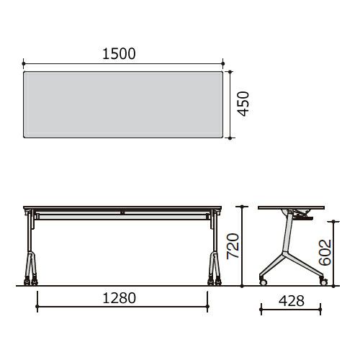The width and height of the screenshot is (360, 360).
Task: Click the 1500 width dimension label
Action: click(119, 54)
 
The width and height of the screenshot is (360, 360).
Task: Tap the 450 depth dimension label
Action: click(243, 104)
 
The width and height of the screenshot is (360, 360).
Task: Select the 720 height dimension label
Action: click(233, 246)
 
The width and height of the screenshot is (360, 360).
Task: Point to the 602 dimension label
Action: click(325, 252)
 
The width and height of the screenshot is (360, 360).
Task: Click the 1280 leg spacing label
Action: click(120, 298)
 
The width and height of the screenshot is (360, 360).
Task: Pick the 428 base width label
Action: click(292, 301)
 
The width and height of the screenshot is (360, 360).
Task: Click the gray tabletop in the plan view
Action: click(123, 104)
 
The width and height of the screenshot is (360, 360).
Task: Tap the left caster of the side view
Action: click(263, 282)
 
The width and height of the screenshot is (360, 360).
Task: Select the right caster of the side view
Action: click(323, 282)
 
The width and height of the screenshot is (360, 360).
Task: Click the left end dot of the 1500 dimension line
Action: click(23, 63)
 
